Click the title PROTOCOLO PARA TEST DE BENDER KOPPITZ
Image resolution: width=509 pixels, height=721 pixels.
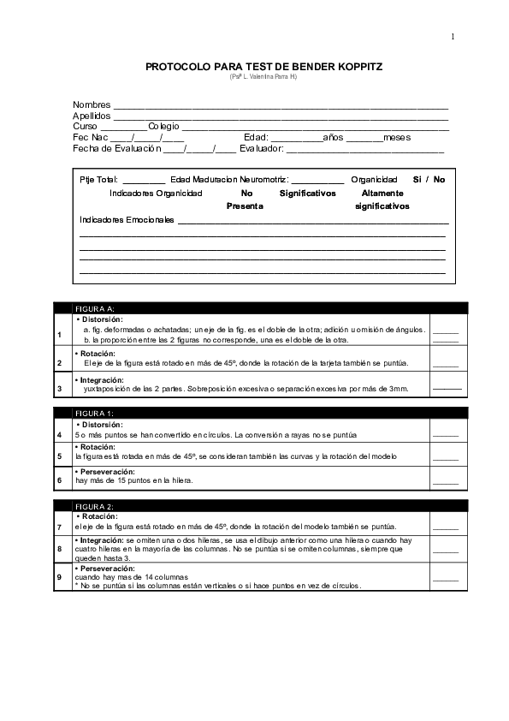pyautogui.click(x=263, y=66)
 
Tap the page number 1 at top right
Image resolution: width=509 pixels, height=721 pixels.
pyautogui.click(x=453, y=36)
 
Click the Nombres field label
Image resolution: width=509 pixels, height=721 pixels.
pyautogui.click(x=92, y=104)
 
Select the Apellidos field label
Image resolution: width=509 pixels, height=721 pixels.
pyautogui.click(x=92, y=116)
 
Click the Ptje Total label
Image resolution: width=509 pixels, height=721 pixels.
pyautogui.click(x=98, y=180)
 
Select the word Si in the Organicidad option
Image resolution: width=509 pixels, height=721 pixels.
pyautogui.click(x=417, y=180)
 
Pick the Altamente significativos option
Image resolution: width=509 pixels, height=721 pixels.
pyautogui.click(x=382, y=200)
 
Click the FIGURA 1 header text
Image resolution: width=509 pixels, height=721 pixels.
pyautogui.click(x=94, y=414)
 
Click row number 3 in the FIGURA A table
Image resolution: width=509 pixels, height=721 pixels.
pyautogui.click(x=59, y=388)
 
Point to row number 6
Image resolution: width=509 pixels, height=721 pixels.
pyautogui.click(x=59, y=480)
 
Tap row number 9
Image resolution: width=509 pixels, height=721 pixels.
pyautogui.click(x=59, y=577)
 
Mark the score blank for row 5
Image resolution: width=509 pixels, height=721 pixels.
pyautogui.click(x=446, y=458)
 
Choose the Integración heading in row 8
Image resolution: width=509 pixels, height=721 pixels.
pyautogui.click(x=102, y=540)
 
